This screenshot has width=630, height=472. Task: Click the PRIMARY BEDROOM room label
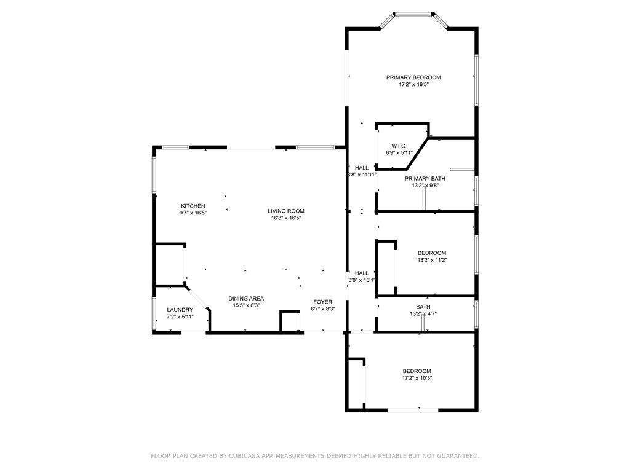point(413,77)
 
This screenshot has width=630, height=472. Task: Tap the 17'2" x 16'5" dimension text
point(414,85)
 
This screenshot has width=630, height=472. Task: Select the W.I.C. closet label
point(399,146)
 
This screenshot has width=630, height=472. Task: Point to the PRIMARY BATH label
point(425,179)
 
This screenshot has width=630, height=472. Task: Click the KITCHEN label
point(193,206)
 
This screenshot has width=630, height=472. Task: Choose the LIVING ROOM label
point(286,211)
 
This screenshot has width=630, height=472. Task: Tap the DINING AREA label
point(246,298)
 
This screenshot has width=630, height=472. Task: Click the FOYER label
point(322,301)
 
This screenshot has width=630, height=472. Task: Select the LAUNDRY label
point(180,310)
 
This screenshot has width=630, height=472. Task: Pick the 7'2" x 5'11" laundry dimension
point(180,317)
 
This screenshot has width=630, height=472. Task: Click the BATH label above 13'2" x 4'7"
point(423,307)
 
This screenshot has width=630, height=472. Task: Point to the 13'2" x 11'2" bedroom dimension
point(432,260)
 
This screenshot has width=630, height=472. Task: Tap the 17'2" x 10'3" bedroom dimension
point(417,378)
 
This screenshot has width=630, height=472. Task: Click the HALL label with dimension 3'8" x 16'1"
point(362,273)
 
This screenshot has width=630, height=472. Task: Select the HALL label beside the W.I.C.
point(362,167)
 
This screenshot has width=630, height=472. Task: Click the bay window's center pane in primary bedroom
point(414,15)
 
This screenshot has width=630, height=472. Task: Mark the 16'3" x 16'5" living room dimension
point(286,218)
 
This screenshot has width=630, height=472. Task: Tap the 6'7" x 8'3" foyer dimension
point(322,309)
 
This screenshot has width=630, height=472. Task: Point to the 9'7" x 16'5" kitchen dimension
point(193,213)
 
